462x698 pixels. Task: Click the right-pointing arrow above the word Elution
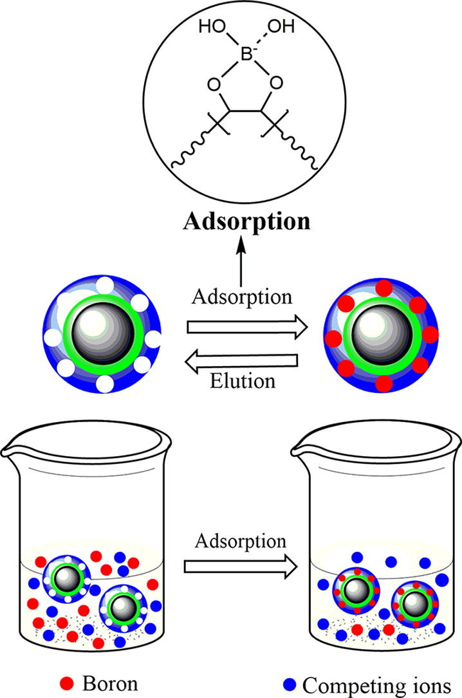tap(243, 327)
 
